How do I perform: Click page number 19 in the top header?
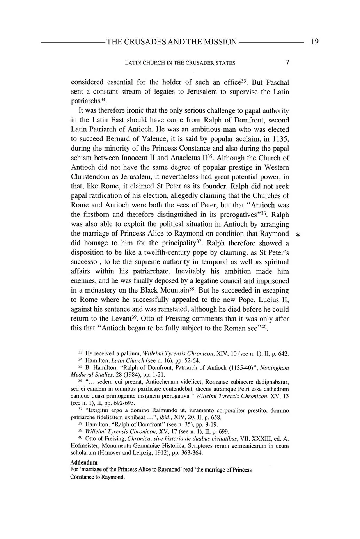click(x=315, y=42)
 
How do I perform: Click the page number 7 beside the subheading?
click(x=287, y=63)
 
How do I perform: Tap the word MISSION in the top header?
click(x=219, y=42)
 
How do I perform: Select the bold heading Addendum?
click(x=84, y=463)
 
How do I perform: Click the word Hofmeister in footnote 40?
click(x=85, y=446)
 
